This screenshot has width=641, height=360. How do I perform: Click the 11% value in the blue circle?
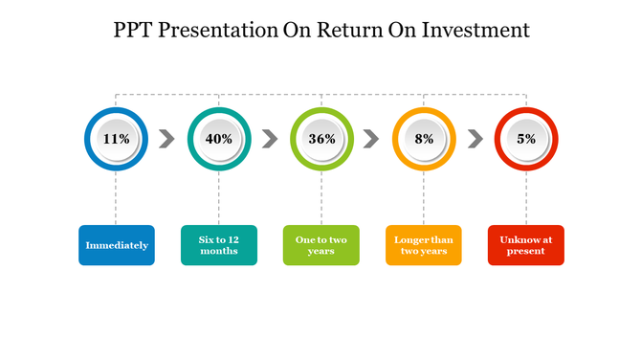pos(117,139)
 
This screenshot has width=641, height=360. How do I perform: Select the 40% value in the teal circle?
pos(219,139)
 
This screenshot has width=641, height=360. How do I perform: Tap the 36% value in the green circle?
pos(321,139)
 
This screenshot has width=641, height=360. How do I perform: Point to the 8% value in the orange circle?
pos(424,139)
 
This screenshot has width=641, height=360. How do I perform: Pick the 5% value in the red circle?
pos(526,139)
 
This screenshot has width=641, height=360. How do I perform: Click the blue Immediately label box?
pos(117,245)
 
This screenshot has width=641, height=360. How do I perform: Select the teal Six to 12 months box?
pos(219,245)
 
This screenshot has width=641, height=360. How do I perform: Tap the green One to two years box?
pos(321,245)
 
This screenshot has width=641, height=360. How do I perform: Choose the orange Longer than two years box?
pos(424,245)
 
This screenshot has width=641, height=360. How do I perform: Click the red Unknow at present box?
pos(526,245)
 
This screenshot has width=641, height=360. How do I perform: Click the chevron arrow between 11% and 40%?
pos(167,139)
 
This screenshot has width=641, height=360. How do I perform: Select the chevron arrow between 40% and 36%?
pos(270,139)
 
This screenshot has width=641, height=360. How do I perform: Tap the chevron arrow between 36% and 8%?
pos(372,139)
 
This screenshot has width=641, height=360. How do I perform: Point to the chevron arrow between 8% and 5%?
pos(475,139)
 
